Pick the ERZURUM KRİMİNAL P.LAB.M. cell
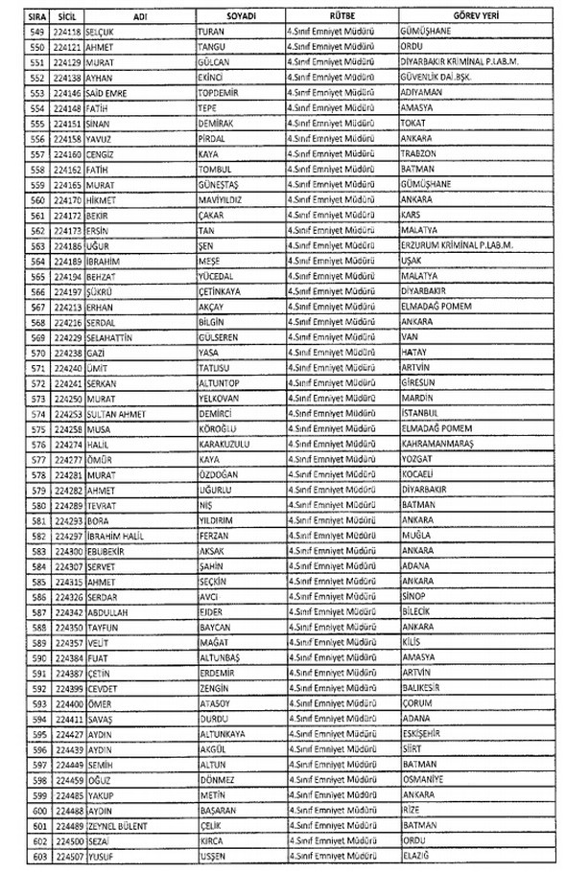(x=456, y=246)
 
